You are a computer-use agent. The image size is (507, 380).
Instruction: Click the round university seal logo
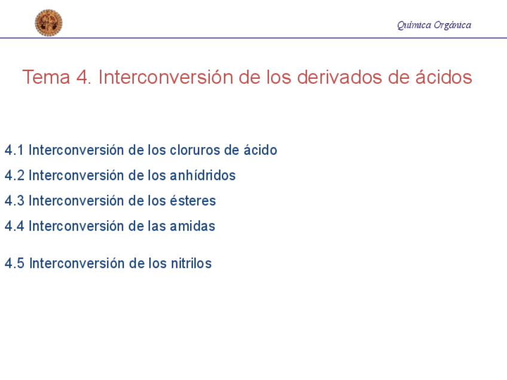pyautogui.click(x=48, y=23)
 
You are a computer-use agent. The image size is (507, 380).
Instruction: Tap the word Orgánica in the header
pyautogui.click(x=453, y=25)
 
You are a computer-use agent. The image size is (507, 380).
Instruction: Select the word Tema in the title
pyautogui.click(x=46, y=77)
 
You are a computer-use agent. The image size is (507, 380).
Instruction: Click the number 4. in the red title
pyautogui.click(x=84, y=77)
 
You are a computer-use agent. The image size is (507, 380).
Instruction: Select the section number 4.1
pyautogui.click(x=14, y=150)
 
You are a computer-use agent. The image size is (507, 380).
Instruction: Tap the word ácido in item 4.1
pyautogui.click(x=260, y=149)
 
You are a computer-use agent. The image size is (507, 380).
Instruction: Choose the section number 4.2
pyautogui.click(x=14, y=176)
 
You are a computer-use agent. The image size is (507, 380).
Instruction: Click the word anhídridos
pyautogui.click(x=203, y=175)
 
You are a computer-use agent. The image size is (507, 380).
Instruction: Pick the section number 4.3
pyautogui.click(x=14, y=201)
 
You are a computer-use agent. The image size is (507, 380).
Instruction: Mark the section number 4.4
pyautogui.click(x=14, y=226)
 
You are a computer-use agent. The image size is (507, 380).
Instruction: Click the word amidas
pyautogui.click(x=193, y=226)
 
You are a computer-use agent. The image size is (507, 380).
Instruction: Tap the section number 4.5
pyautogui.click(x=14, y=263)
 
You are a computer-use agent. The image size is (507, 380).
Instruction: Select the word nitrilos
pyautogui.click(x=191, y=263)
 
